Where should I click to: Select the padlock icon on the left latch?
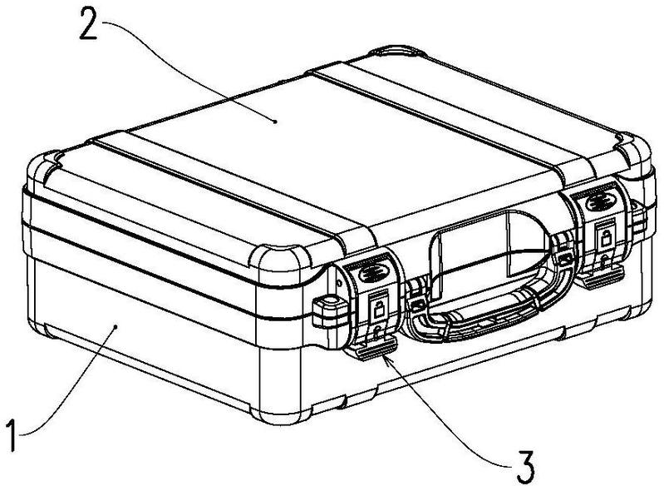click(379, 307)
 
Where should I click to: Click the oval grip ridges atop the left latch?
click(371, 274)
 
